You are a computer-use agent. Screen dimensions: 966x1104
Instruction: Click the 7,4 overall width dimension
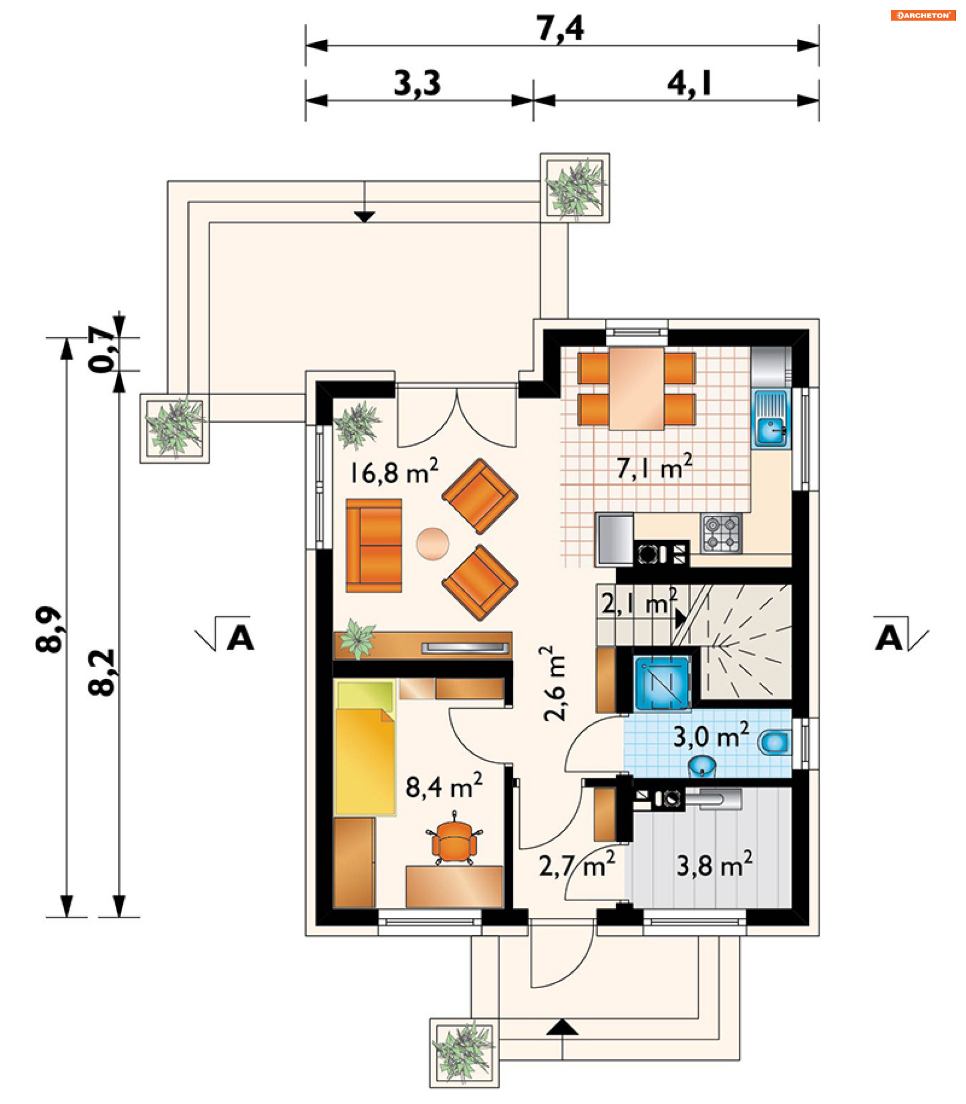click(x=560, y=28)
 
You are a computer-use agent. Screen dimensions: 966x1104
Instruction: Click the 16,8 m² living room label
click(x=394, y=471)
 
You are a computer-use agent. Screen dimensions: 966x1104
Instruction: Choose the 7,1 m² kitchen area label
click(x=655, y=467)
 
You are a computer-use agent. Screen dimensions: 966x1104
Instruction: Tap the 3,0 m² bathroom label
click(x=711, y=736)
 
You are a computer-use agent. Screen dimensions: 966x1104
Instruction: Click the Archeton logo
click(x=923, y=15)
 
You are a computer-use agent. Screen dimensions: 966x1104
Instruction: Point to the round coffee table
click(x=432, y=544)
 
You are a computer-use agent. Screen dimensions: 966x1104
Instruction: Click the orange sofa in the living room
click(x=373, y=545)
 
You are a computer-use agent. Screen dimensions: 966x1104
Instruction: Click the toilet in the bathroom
click(x=775, y=743)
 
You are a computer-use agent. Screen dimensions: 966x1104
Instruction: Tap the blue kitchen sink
click(x=771, y=419)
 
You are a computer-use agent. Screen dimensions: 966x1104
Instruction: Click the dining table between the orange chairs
click(x=636, y=388)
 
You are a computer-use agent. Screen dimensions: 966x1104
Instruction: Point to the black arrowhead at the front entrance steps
click(x=562, y=1027)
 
